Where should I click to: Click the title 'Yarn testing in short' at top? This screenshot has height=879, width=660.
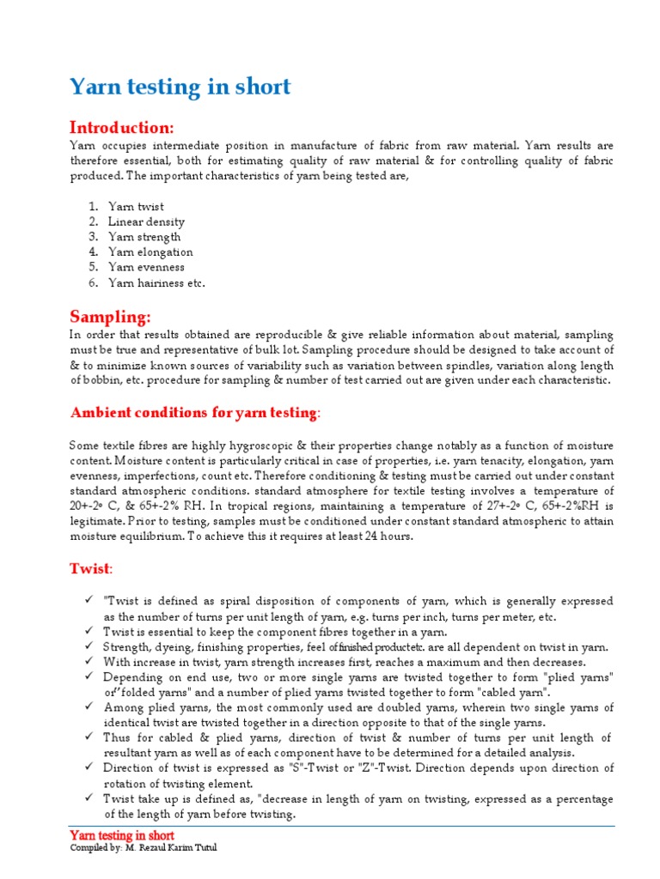click(180, 87)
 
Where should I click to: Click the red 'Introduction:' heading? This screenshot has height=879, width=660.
click(122, 128)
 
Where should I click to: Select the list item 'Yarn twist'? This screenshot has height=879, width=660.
click(136, 207)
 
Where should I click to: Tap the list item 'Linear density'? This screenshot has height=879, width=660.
click(146, 222)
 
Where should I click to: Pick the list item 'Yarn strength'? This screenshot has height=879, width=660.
click(144, 237)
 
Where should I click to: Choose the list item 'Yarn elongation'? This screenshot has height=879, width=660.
click(150, 252)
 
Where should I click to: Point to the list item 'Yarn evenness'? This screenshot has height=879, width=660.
click(146, 267)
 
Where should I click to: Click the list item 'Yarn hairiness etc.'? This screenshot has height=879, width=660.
click(156, 282)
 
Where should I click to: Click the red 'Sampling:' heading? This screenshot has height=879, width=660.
click(110, 317)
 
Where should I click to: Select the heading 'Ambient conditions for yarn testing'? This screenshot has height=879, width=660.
click(193, 413)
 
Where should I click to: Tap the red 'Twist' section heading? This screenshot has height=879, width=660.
click(90, 569)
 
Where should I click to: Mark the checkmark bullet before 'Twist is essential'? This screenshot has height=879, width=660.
click(89, 631)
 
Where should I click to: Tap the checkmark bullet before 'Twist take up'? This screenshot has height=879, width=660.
click(89, 798)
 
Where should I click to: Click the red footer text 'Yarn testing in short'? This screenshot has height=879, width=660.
click(121, 835)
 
